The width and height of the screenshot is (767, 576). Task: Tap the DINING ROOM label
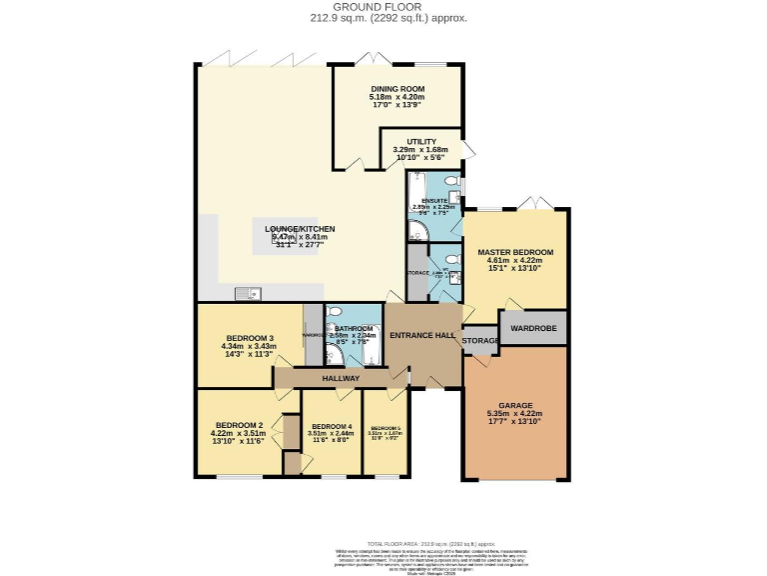click(397, 88)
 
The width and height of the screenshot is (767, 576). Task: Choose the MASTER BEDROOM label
click(515, 252)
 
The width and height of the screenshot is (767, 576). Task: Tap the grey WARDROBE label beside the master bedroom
click(532, 327)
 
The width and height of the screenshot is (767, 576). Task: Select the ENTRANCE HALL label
click(423, 335)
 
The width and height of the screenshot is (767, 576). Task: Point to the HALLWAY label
click(340, 379)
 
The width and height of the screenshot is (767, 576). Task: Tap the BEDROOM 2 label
click(240, 425)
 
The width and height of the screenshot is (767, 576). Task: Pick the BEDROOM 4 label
click(333, 427)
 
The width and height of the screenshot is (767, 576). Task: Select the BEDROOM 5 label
click(385, 427)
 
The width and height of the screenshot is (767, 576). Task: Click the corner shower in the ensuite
click(417, 230)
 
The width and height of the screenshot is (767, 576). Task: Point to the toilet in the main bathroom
click(334, 313)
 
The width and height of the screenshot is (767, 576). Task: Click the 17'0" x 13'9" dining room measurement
click(397, 104)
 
